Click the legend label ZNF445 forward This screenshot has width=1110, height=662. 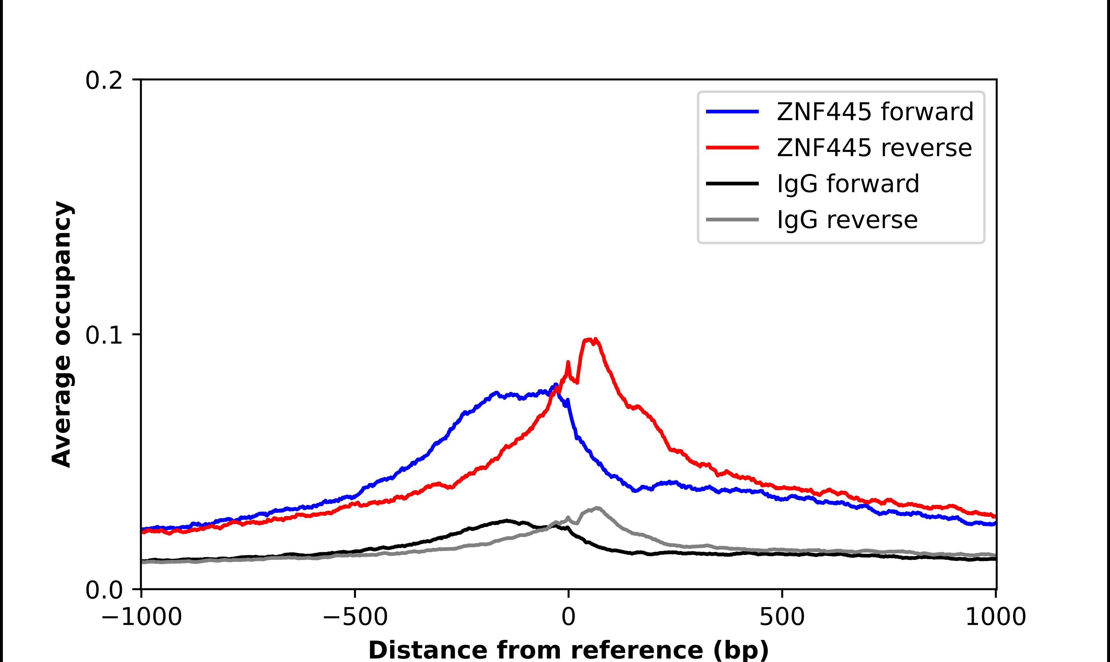pos(875,112)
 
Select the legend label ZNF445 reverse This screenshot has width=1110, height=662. pos(874,148)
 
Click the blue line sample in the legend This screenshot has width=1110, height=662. pos(732,112)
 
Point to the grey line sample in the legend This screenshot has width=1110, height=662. pos(732,219)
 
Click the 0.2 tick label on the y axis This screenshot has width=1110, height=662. pos(104,81)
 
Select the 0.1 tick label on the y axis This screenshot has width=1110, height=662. pos(104,335)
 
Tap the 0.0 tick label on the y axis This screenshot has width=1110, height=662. pos(104,590)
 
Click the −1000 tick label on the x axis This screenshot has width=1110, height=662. pos(141,617)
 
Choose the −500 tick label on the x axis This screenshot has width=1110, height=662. pos(355,617)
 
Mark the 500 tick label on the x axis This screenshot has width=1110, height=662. pos(782,617)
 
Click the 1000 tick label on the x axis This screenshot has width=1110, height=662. pos(995,617)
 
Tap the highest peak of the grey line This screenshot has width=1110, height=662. pos(597,508)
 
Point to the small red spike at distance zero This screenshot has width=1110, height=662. pos(568,363)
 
